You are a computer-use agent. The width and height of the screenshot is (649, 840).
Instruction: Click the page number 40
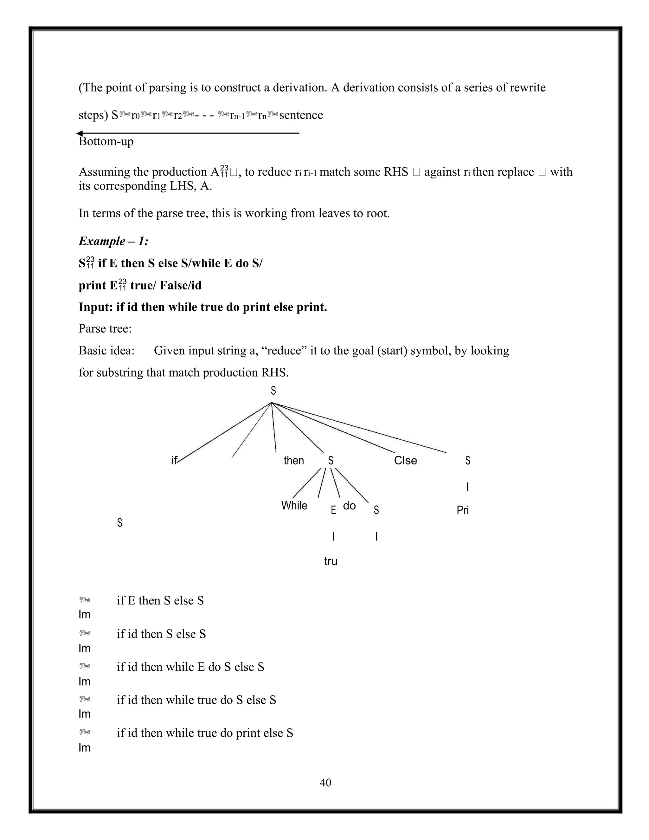point(325,782)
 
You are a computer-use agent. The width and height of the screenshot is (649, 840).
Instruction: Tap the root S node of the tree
point(273,391)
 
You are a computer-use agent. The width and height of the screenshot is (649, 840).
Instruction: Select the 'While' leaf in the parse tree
point(294,505)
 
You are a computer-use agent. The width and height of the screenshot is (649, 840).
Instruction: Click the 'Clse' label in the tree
point(405,460)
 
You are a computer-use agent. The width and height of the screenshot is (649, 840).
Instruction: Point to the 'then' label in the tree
point(294,460)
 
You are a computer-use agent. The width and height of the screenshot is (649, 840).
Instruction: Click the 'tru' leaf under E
point(331,561)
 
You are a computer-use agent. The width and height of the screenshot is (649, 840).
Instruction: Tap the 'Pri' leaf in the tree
point(463,510)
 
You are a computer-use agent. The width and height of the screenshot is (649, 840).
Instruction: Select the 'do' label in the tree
point(349,505)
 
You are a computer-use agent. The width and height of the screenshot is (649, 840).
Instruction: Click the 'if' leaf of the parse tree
point(174,460)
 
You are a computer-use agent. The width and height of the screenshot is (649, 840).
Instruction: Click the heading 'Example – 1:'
point(113,241)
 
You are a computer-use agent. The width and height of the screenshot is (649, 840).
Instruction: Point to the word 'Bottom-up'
point(106,142)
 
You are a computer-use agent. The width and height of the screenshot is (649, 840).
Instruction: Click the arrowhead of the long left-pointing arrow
point(80,133)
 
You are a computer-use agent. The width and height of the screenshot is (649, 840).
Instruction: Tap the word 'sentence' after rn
point(301,115)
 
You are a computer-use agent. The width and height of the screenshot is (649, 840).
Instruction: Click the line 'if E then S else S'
point(160,600)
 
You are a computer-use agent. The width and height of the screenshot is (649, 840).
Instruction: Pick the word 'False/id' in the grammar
point(181,285)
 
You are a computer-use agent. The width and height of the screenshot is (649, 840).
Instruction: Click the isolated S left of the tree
point(119,523)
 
